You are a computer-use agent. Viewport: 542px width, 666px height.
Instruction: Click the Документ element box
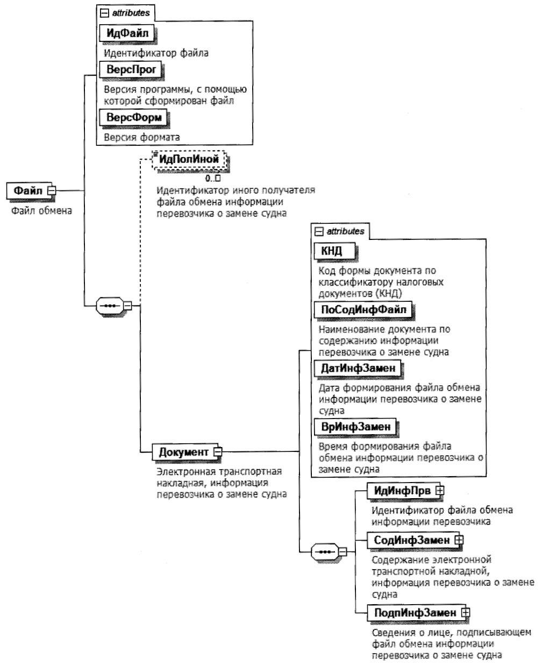[x=183, y=451]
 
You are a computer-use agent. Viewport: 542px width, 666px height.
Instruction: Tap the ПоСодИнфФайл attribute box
[x=363, y=309]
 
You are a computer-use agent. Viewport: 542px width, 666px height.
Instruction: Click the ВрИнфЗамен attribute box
[x=355, y=427]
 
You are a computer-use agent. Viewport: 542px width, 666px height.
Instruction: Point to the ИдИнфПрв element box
[x=402, y=490]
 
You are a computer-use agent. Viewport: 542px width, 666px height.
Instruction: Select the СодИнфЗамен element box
[x=411, y=540]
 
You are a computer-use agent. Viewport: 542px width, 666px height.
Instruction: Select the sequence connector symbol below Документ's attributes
[x=324, y=552]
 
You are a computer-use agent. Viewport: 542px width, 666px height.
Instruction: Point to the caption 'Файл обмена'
[x=41, y=211]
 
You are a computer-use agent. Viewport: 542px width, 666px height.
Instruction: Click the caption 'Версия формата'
[x=141, y=137]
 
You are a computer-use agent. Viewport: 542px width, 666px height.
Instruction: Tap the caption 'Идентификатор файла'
[x=156, y=53]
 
